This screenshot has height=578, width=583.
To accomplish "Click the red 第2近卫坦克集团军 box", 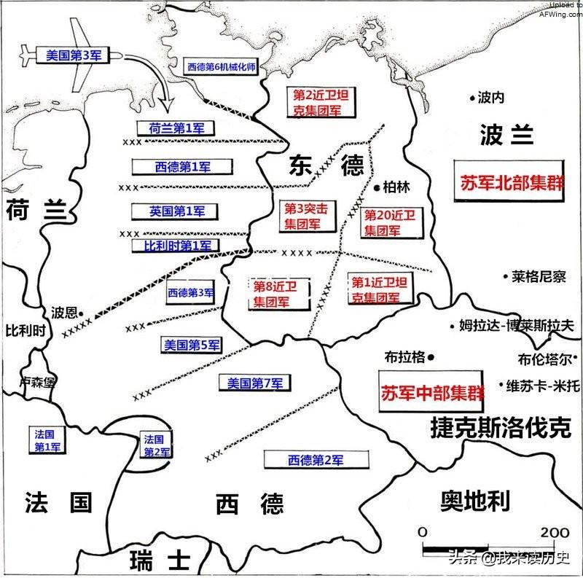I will point(316,103).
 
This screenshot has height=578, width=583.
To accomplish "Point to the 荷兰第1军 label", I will point(176,128).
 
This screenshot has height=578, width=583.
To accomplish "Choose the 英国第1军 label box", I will point(173,211).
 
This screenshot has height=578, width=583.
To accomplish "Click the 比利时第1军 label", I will point(176,246).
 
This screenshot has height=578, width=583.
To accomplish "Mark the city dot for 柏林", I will point(377,187).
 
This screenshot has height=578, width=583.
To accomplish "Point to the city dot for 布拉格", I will point(431,357).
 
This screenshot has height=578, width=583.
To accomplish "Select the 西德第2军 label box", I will point(315,460).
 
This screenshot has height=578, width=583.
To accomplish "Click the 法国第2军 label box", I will point(154,445).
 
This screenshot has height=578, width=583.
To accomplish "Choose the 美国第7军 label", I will point(254,383).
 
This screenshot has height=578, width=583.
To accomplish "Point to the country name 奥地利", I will point(474,501).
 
